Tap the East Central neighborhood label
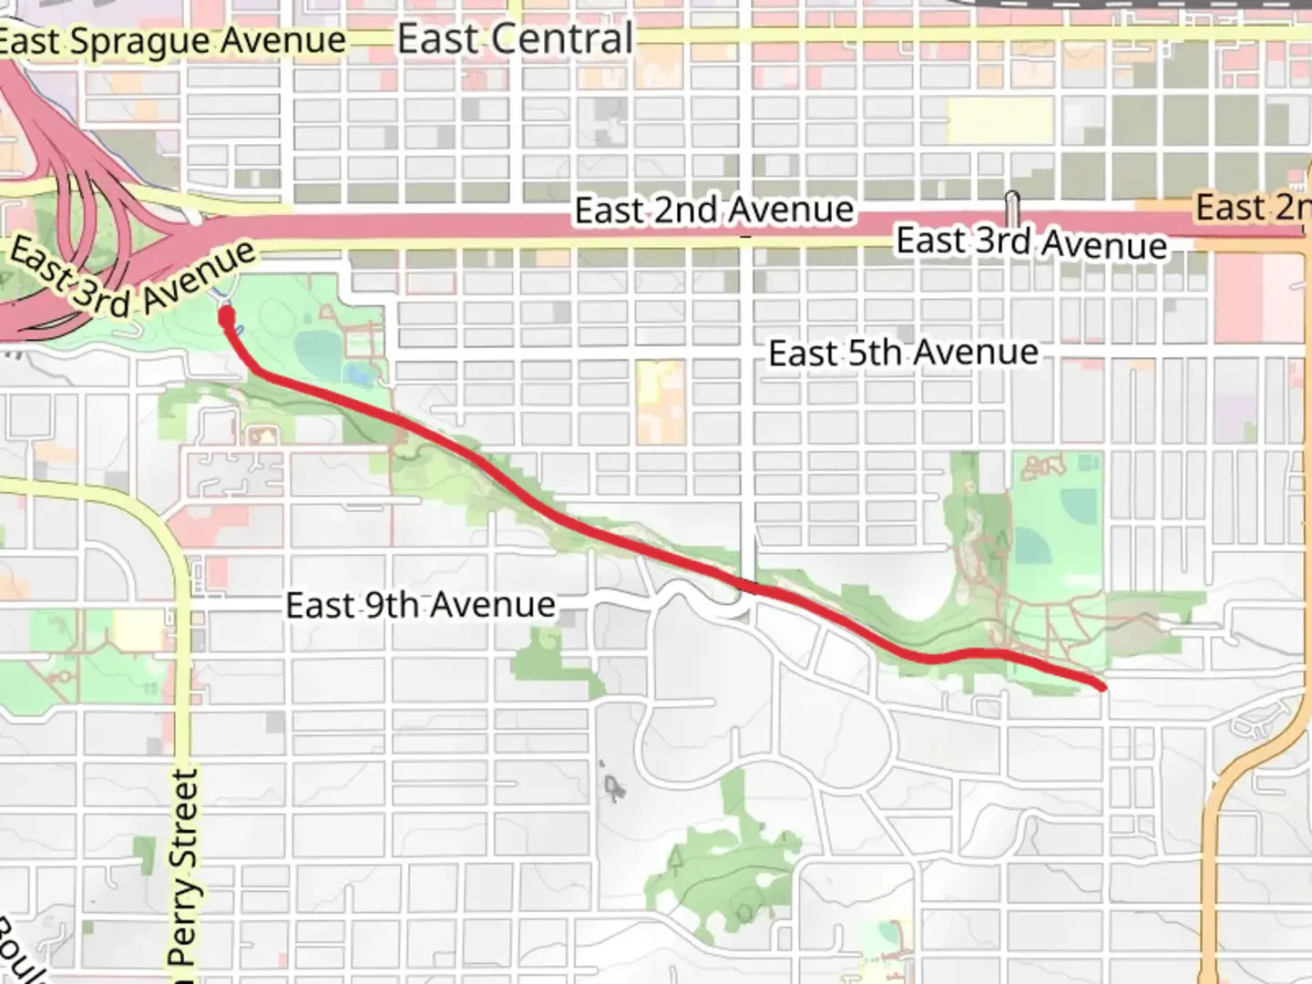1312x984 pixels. (x=516, y=39)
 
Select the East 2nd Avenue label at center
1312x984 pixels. (x=713, y=210)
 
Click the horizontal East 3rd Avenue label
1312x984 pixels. (x=1031, y=242)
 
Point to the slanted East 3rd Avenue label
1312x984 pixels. (x=132, y=278)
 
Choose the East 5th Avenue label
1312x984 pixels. (x=903, y=353)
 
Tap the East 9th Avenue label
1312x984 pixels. (x=420, y=605)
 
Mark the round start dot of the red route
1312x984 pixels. (x=226, y=316)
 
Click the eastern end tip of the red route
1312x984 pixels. (x=1102, y=685)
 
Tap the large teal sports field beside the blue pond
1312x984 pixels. (x=319, y=361)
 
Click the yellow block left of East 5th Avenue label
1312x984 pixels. (x=661, y=401)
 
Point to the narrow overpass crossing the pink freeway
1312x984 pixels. (x=1012, y=205)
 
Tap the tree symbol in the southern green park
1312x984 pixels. (x=677, y=857)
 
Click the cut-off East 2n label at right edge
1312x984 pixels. (x=1252, y=208)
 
